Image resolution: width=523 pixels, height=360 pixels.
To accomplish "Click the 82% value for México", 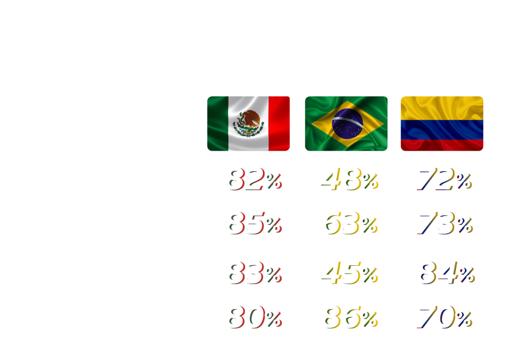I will coord(252,179).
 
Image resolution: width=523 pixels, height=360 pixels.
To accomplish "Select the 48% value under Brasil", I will coord(349,179).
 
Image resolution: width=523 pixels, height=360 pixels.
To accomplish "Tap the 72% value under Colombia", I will coord(443,179).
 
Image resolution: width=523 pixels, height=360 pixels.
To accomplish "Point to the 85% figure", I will coord(255,224).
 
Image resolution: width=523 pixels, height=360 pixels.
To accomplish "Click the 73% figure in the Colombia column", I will coord(444,224).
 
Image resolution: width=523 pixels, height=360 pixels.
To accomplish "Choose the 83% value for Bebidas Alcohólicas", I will coord(252,273).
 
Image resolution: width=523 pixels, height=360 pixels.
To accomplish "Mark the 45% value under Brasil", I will coord(349,273).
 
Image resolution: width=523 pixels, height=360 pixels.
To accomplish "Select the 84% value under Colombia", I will coord(444,273).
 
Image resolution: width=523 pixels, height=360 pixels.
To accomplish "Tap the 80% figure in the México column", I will coord(255,318).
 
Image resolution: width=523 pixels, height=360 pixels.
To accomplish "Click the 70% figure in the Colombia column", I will coord(444,318).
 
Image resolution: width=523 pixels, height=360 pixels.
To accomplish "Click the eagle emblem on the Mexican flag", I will coord(248,122).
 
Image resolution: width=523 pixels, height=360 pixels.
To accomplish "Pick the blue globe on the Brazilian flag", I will coord(347,124).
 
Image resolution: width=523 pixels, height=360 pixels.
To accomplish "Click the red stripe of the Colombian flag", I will coord(442,146).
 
